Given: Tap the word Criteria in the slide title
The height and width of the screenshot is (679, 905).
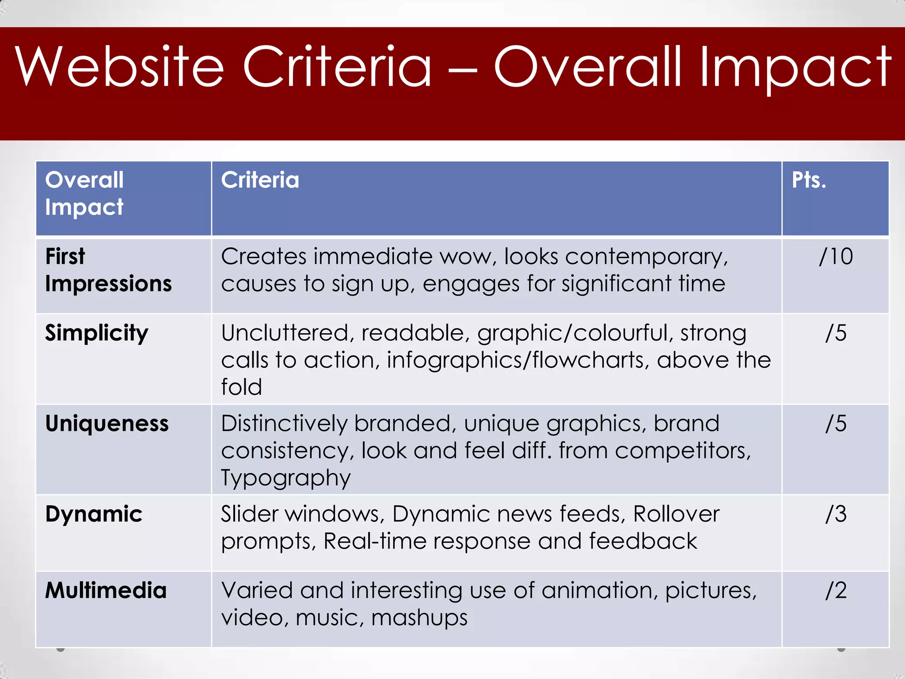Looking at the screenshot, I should point(337,67).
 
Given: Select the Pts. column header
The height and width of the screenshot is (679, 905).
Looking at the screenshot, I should point(809,180).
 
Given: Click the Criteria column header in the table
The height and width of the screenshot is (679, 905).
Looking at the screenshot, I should point(260,180).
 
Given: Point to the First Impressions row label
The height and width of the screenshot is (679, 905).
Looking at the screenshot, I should point(108,270).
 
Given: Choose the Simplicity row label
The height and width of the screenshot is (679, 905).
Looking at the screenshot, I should point(96,333).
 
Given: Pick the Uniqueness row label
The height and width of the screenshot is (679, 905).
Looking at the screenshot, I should point(107,423).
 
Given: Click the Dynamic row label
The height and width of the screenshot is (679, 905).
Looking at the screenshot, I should point(94,514).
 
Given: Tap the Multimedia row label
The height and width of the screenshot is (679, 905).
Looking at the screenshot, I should point(106,591).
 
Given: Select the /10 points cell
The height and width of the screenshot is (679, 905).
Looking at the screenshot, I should point(836,256).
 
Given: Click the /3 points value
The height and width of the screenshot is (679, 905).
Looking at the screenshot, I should point(836,514).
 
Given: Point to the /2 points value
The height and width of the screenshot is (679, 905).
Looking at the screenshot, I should point(836,591).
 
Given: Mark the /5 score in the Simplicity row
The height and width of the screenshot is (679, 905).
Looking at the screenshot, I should point(836,333).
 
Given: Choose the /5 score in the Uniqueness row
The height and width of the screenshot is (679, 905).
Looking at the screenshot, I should point(836,423).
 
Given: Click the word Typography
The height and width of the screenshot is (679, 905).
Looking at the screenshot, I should point(286,478).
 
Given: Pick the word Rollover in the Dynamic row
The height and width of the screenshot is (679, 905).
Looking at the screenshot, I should point(676,514).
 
